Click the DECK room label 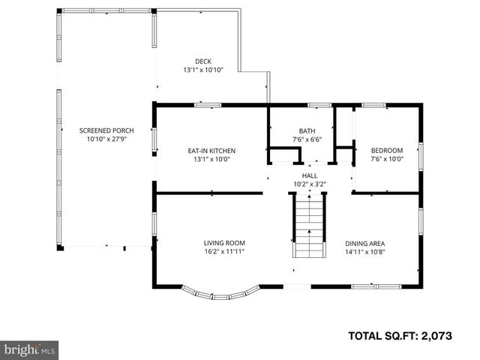[203, 61]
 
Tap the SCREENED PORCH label [106, 130]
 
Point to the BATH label [307, 130]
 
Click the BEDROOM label [387, 150]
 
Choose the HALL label [310, 175]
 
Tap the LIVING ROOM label [224, 243]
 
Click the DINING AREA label [364, 243]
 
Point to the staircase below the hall [310, 226]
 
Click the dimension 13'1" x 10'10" [203, 70]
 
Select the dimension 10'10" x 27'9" [106, 139]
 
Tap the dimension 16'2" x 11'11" [224, 251]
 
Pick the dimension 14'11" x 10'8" [364, 251]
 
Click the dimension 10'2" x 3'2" [310, 183]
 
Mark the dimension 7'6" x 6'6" [307, 139]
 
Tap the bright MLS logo [30, 349]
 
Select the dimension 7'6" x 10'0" [387, 158]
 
